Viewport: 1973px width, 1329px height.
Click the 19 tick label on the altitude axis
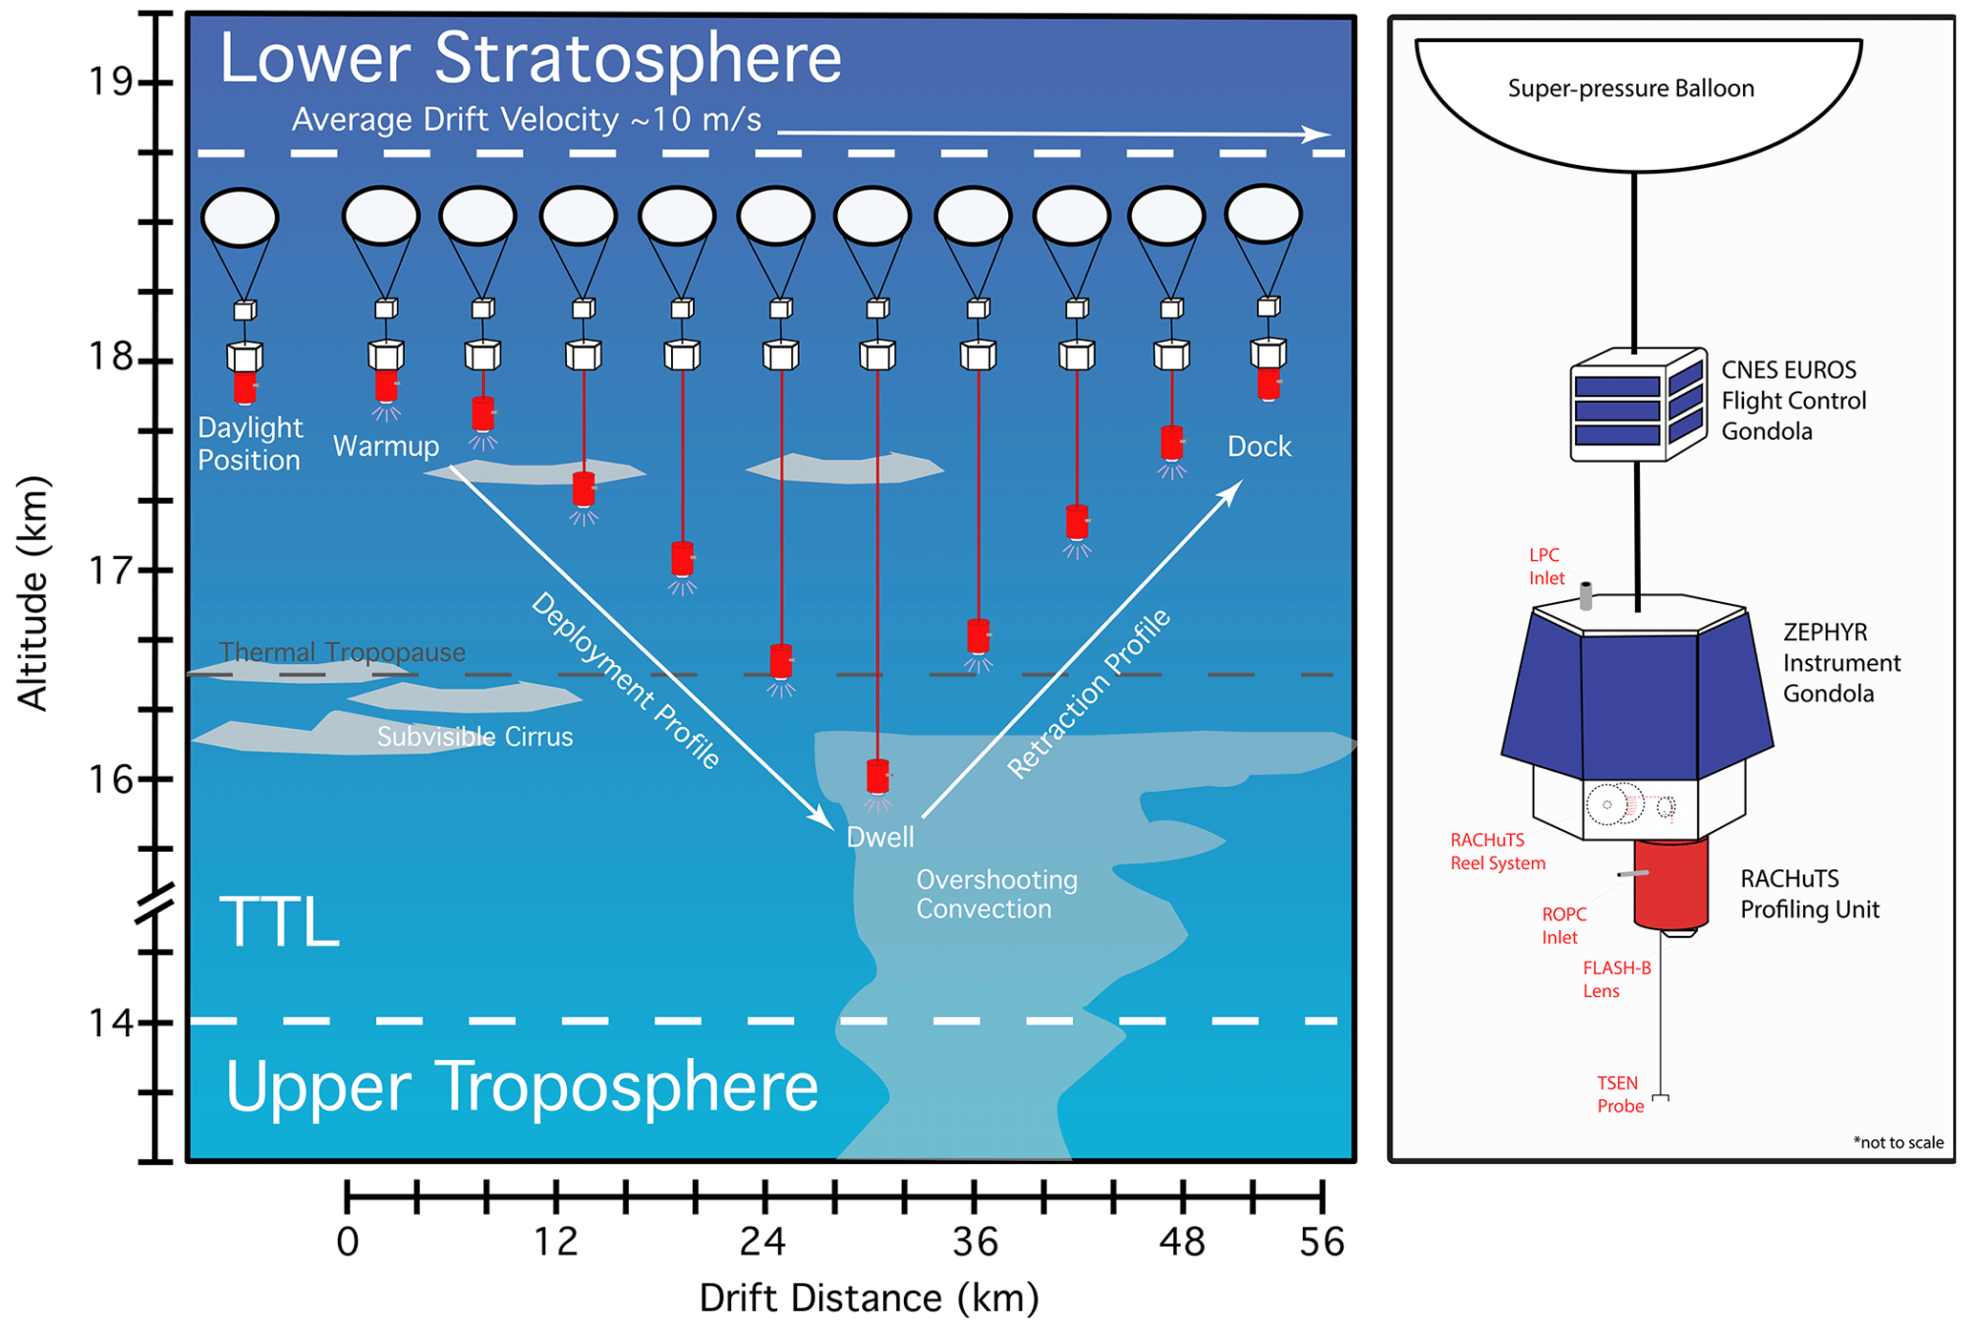(110, 83)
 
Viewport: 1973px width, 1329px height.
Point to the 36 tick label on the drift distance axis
(975, 1242)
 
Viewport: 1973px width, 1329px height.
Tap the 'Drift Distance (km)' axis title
(869, 1298)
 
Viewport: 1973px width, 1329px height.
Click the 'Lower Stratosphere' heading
(530, 59)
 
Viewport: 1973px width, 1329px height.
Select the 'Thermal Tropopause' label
(342, 653)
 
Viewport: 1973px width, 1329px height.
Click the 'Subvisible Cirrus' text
(474, 737)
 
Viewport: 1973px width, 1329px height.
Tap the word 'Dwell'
(880, 838)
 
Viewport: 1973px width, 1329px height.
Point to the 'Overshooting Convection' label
(997, 894)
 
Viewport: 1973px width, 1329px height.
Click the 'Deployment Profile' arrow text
(625, 680)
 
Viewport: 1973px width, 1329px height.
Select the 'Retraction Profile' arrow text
(1089, 694)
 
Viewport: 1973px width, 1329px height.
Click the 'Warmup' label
(386, 446)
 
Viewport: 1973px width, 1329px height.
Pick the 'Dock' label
(1258, 446)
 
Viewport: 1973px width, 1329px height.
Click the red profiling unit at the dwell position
(877, 776)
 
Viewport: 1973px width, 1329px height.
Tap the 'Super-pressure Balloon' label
(1630, 89)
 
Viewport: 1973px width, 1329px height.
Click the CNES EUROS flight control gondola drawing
(1638, 405)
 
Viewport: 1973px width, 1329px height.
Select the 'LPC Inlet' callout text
(1546, 567)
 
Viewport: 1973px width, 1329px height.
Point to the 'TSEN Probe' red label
(1620, 1095)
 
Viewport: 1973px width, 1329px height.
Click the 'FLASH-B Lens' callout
(1616, 980)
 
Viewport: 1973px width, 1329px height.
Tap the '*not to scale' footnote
(1898, 1143)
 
